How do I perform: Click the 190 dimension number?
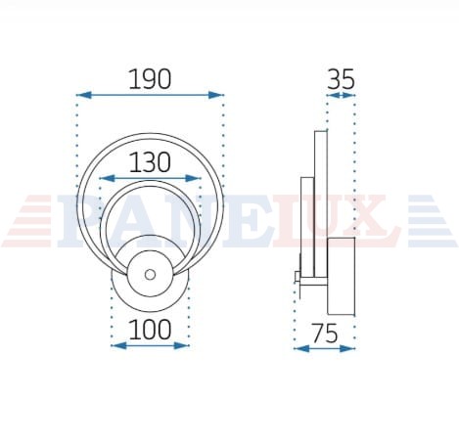150,79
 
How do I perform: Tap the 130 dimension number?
150,162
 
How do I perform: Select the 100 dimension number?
150,330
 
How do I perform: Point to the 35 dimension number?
341,80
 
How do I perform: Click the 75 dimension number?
325,334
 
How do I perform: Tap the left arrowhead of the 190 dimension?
83,95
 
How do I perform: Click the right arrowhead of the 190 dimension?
216,95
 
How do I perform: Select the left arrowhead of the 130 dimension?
107,178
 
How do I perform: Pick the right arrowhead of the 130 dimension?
193,178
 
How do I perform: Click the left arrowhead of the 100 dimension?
118,345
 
